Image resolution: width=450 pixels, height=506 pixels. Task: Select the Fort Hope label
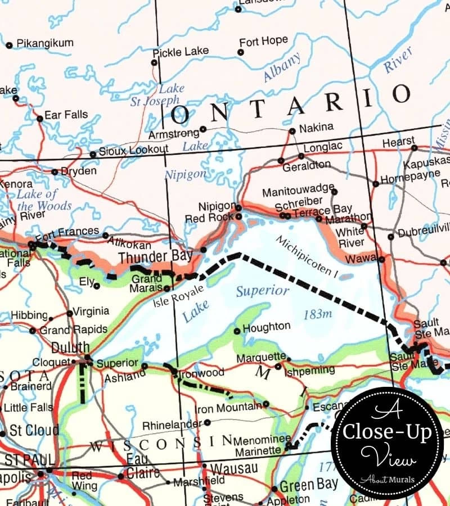263,42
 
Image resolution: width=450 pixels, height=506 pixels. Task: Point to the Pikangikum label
45,43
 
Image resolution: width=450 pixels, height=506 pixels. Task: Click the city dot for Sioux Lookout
93,155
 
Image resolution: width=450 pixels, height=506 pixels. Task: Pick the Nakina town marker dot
292,132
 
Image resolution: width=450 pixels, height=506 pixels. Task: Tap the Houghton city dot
237,331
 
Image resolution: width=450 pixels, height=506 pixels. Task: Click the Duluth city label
70,346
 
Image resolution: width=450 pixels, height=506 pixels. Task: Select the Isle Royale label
175,297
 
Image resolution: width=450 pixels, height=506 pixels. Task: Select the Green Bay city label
309,484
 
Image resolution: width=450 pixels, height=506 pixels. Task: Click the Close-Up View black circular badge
388,442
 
